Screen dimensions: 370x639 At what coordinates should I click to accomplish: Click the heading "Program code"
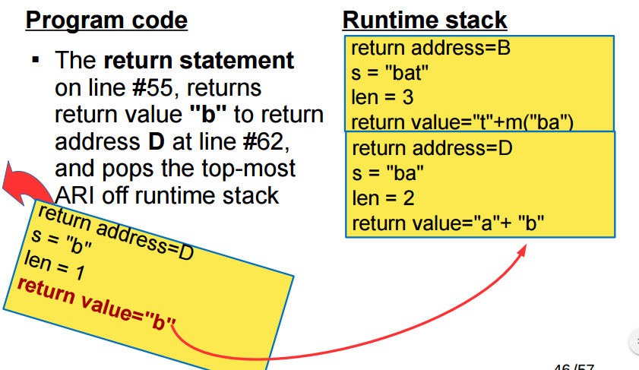pos(106,19)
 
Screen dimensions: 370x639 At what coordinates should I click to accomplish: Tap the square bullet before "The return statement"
pos(35,59)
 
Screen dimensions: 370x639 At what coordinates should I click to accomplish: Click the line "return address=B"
pos(431,50)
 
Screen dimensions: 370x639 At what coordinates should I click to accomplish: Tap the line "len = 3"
pos(382,98)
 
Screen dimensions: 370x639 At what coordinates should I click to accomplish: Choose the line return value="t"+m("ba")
pos(461,121)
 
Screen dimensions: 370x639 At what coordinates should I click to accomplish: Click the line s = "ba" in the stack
pos(388,173)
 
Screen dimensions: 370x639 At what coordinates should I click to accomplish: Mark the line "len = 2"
pos(383,199)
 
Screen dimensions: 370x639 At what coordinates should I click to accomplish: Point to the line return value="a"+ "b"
pos(448,224)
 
